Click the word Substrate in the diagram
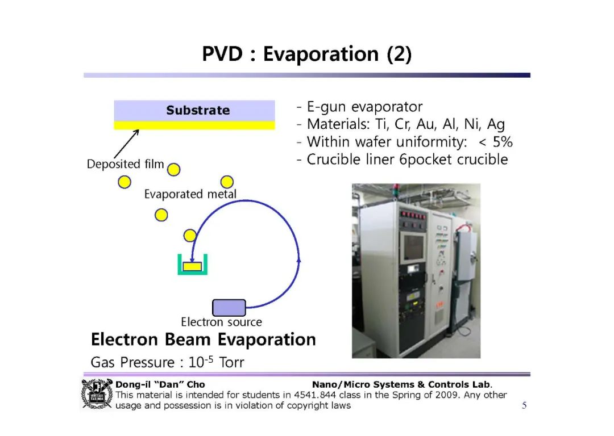(x=198, y=110)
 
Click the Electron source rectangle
(x=229, y=308)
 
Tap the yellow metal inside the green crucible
(x=192, y=266)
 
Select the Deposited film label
(x=125, y=164)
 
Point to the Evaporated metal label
(x=190, y=194)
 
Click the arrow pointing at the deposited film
(x=126, y=144)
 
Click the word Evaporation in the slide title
(x=321, y=54)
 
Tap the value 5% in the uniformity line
(x=503, y=141)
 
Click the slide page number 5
(x=524, y=405)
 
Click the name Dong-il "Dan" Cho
(x=160, y=384)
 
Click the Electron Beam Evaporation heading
(x=203, y=339)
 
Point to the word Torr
(x=231, y=363)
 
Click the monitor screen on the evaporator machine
(x=413, y=247)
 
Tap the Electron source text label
(x=221, y=322)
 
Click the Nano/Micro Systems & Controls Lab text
(x=402, y=384)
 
